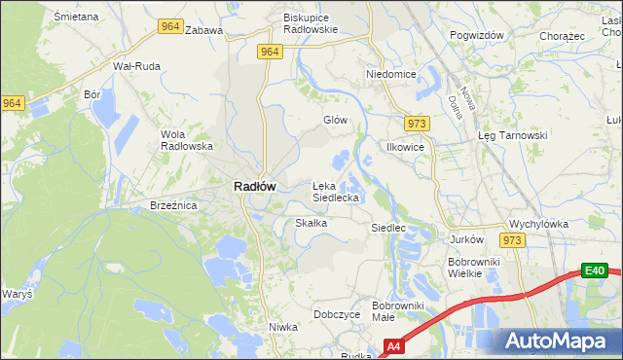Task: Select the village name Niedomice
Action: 390,74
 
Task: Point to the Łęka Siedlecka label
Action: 336,191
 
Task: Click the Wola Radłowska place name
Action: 186,140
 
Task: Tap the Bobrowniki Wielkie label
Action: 473,268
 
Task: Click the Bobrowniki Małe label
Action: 397,311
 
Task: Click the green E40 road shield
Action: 595,270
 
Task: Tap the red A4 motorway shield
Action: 393,345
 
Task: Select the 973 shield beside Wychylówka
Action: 512,239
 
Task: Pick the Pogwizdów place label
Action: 477,35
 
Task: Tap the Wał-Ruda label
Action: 136,66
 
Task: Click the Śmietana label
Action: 77,18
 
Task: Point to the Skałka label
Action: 311,223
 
